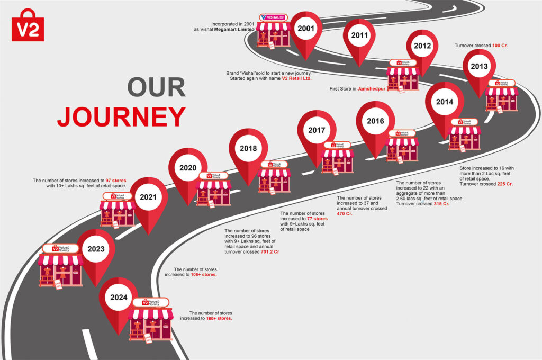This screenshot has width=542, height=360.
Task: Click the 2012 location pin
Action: coord(422,47)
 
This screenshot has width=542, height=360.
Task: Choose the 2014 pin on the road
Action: coord(445,103)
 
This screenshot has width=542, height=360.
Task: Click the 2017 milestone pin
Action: coord(317,131)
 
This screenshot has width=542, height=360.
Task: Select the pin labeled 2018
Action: coord(248,149)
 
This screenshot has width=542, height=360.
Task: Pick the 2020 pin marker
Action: coord(188,169)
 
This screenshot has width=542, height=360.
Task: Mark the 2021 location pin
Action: coord(148,198)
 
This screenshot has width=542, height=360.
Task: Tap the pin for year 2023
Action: coord(96,250)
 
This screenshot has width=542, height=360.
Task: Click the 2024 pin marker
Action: coord(119,298)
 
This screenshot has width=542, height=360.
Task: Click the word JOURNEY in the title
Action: coord(121,116)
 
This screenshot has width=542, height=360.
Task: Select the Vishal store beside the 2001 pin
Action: coord(273,31)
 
